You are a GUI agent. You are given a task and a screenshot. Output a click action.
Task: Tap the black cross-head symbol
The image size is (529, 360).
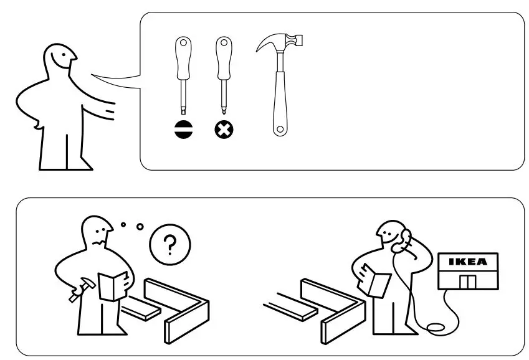(x=224, y=130)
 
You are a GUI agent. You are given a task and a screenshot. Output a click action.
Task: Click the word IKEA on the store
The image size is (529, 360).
(x=468, y=262)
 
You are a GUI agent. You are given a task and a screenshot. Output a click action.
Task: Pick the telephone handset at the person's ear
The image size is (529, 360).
(x=406, y=240)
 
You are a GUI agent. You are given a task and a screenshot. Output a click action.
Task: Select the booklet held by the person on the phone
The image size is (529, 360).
(x=377, y=281)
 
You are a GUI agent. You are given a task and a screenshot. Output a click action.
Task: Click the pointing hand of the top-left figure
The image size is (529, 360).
(x=110, y=111)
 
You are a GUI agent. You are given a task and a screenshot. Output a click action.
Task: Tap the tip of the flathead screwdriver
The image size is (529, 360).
(x=183, y=109)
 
